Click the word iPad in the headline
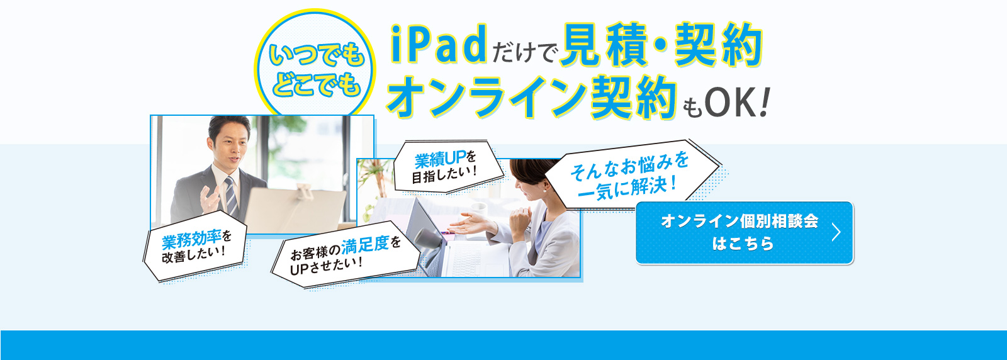(x=439, y=44)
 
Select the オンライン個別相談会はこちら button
(x=745, y=233)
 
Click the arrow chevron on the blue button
(x=836, y=232)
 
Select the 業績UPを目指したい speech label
(x=447, y=166)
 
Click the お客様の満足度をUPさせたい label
(x=346, y=254)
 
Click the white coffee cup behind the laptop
(x=479, y=209)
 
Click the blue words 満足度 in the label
(x=364, y=245)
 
